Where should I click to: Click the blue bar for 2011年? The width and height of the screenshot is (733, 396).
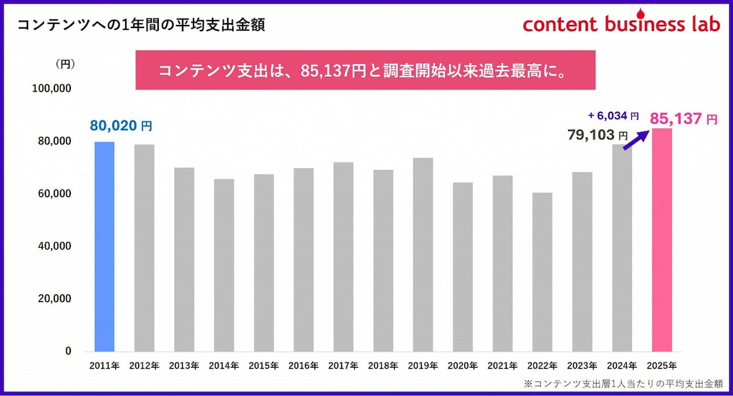104,247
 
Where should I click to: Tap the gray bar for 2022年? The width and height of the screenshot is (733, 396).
542,272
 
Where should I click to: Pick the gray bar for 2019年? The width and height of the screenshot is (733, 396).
423,254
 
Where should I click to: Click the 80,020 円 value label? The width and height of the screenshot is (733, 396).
120,126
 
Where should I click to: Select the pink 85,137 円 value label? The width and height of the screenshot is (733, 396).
683,119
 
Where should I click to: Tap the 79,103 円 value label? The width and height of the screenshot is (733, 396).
597,135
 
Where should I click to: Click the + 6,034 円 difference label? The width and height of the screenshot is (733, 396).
613,115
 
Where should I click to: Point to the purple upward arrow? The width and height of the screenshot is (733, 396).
635,139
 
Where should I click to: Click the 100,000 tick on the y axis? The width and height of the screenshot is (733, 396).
51,88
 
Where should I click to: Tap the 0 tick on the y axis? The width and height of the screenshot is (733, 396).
68,351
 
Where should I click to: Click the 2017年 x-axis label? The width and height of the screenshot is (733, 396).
343,366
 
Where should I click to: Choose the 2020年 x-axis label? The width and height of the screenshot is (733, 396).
463,366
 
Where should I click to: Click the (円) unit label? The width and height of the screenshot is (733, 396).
65,63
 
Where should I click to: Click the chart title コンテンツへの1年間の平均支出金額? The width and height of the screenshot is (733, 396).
141,25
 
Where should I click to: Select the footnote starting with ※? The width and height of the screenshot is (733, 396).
623,384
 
